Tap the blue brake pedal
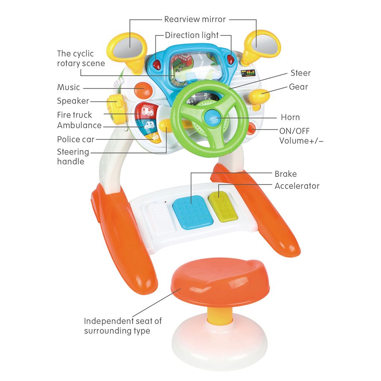[x=193, y=211]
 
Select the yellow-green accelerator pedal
[x=224, y=206]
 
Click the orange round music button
[x=143, y=90]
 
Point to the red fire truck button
[x=146, y=110]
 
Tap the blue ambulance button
[x=149, y=126]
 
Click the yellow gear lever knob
[x=259, y=96]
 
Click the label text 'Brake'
[x=286, y=174]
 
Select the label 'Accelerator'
[x=297, y=186]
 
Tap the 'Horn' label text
[x=290, y=117]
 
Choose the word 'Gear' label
[x=298, y=87]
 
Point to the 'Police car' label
[x=76, y=139]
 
